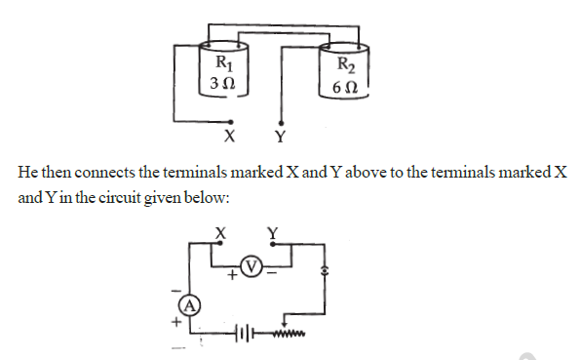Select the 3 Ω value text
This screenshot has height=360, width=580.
pyautogui.click(x=221, y=85)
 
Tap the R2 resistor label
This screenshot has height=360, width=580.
pyautogui.click(x=346, y=65)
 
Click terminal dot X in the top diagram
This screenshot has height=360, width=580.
pyautogui.click(x=230, y=121)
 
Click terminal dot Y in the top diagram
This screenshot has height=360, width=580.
pyautogui.click(x=282, y=121)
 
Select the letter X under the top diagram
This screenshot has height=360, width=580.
pyautogui.click(x=230, y=135)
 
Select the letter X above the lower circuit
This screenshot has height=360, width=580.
pyautogui.click(x=220, y=231)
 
